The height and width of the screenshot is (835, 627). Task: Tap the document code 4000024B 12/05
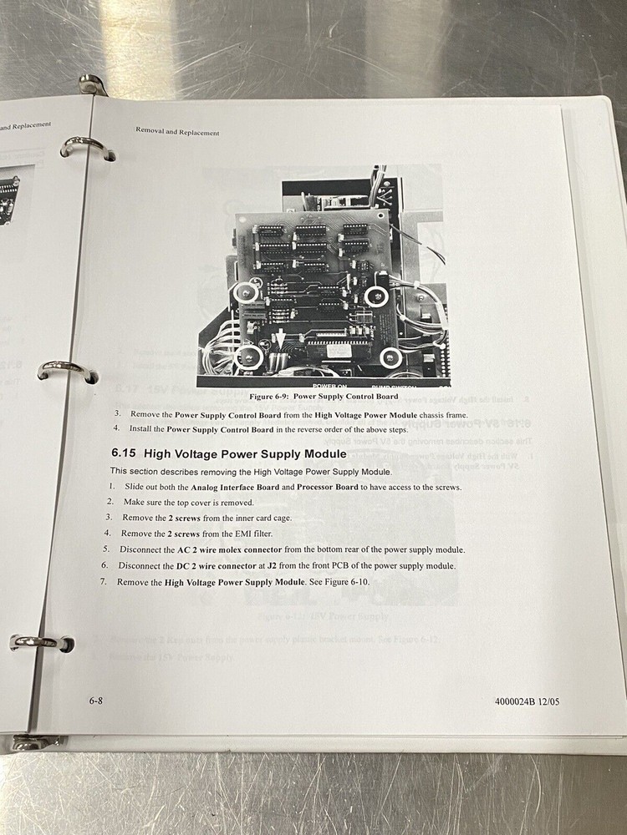pos(521,701)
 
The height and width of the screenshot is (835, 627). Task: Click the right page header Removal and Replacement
pos(177,132)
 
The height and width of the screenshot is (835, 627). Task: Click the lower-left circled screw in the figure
pos(247,357)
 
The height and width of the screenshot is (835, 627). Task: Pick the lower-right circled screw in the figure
pos(390,358)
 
